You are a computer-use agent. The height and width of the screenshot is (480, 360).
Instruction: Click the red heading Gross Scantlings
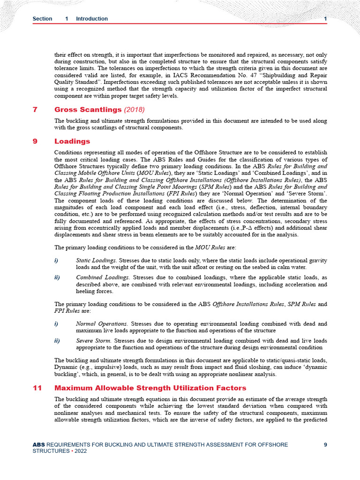pyautogui.click(x=88, y=110)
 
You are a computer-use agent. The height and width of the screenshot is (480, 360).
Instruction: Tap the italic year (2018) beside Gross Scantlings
pyautogui.click(x=135, y=110)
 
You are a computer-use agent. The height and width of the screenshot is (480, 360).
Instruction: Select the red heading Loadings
pyautogui.click(x=72, y=141)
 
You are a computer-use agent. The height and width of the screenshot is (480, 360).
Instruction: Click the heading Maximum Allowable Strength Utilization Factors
pyautogui.click(x=150, y=388)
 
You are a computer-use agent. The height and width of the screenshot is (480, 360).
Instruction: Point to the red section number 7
pyautogui.click(x=35, y=110)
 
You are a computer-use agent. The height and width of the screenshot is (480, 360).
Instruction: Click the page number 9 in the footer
pyautogui.click(x=325, y=445)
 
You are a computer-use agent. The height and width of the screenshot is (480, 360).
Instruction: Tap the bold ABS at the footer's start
pyautogui.click(x=38, y=445)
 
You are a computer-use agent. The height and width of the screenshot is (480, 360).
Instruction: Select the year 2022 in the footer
pyautogui.click(x=79, y=451)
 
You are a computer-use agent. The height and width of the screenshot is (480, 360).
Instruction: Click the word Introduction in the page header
pyautogui.click(x=92, y=19)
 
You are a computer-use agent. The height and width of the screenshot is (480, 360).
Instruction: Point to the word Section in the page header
pyautogui.click(x=42, y=19)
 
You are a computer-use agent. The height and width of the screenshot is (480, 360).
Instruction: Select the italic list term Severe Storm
pyautogui.click(x=94, y=341)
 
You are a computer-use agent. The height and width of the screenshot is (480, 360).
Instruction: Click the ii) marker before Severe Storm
pyautogui.click(x=57, y=341)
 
